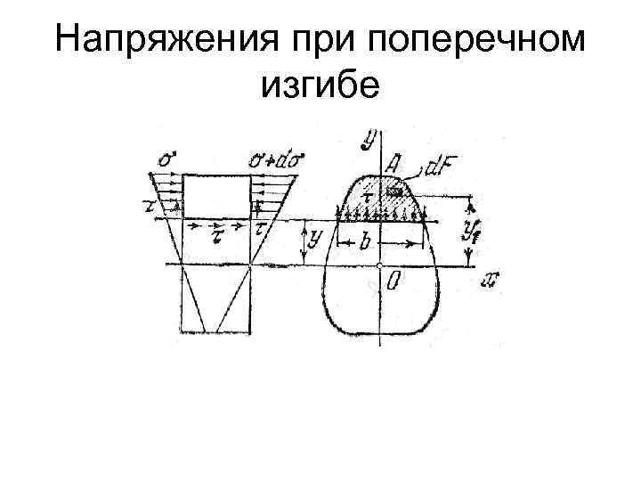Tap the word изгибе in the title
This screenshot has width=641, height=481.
320,87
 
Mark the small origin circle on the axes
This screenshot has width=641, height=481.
379,265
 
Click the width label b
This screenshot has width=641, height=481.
365,241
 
